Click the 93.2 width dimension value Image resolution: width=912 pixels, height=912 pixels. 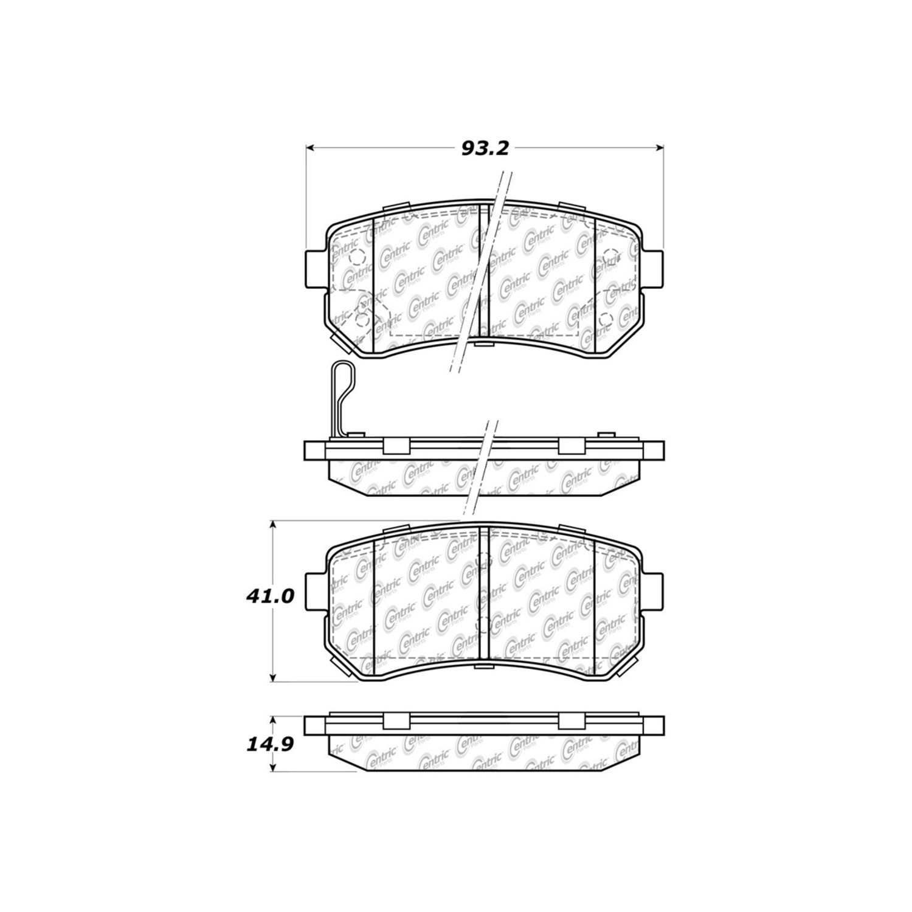(485, 148)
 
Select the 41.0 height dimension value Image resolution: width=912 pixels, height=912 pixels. (271, 596)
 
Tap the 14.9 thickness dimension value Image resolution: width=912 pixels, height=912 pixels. (271, 745)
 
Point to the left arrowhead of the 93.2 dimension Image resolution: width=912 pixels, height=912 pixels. (309, 148)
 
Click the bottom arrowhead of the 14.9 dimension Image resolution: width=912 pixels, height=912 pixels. (274, 767)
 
